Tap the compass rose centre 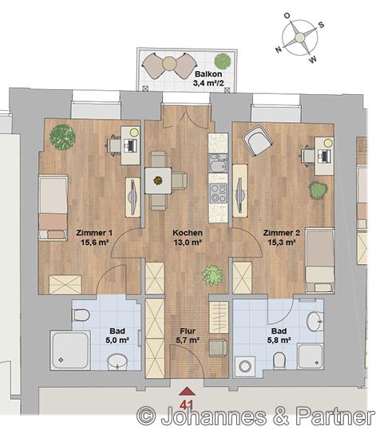pyautogui.click(x=299, y=37)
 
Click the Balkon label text pyautogui.click(x=208, y=74)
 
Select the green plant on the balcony pyautogui.click(x=223, y=61)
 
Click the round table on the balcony pyautogui.click(x=169, y=64)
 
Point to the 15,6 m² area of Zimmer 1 pyautogui.click(x=94, y=243)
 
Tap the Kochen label pyautogui.click(x=188, y=233)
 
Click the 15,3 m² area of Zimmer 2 pyautogui.click(x=282, y=243)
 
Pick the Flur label pyautogui.click(x=188, y=331)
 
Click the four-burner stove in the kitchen pyautogui.click(x=218, y=192)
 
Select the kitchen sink pyautogui.click(x=218, y=164)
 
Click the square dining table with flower pyautogui.click(x=158, y=181)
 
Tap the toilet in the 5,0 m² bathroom pyautogui.click(x=81, y=315)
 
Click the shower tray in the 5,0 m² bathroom pyautogui.click(x=70, y=350)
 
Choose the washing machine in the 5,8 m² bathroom pyautogui.click(x=245, y=366)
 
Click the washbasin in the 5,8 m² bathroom pyautogui.click(x=315, y=322)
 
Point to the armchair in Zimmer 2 pyautogui.click(x=258, y=141)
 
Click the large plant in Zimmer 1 pyautogui.click(x=62, y=137)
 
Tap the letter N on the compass pyautogui.click(x=279, y=49)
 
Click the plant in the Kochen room pyautogui.click(x=212, y=276)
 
